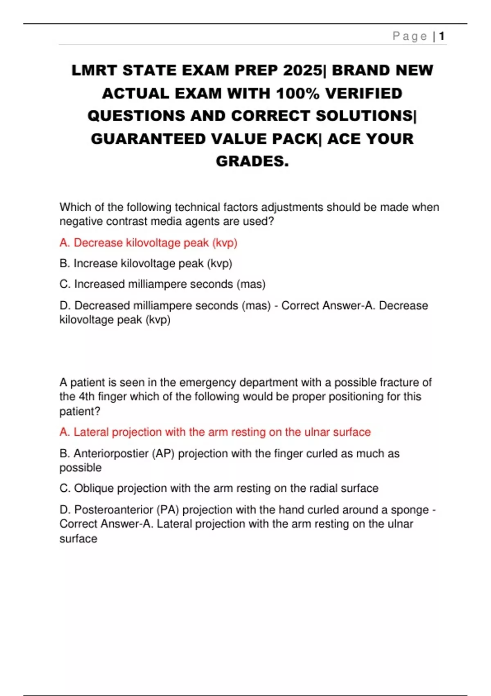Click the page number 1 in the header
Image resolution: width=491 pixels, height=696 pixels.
pyautogui.click(x=442, y=36)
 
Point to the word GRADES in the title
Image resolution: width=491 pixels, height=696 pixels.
pyautogui.click(x=252, y=161)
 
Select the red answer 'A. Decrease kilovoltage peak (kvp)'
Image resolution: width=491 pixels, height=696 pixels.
pyautogui.click(x=148, y=243)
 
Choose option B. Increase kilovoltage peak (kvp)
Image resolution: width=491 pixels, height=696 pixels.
pyautogui.click(x=146, y=263)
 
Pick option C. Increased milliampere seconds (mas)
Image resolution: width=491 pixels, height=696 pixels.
pyautogui.click(x=162, y=284)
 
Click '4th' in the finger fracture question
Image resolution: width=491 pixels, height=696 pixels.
pyautogui.click(x=86, y=397)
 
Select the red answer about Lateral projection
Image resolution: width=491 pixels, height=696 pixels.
pyautogui.click(x=215, y=432)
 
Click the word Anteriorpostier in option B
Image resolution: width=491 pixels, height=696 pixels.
pyautogui.click(x=110, y=454)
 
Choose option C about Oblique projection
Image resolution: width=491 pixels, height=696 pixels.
pyautogui.click(x=219, y=488)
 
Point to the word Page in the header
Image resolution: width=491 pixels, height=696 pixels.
pyautogui.click(x=410, y=36)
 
